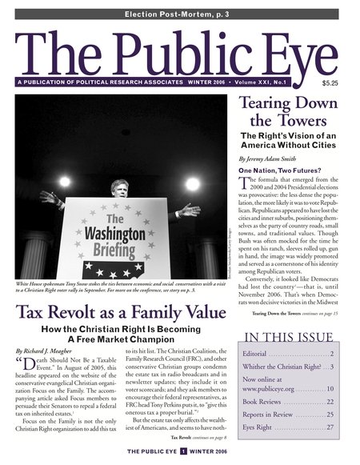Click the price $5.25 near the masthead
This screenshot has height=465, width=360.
[330, 82]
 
